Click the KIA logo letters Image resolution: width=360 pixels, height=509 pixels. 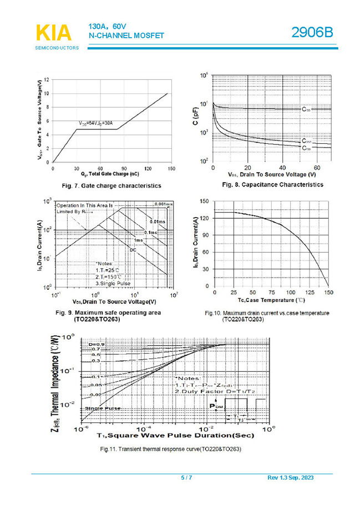coord(54,33)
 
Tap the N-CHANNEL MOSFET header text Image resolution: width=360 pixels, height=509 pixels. coord(126,36)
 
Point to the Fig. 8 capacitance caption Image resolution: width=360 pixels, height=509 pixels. coord(272,184)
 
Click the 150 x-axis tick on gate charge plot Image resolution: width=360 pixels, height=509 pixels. coord(171,168)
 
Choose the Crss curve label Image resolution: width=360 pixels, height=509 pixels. coord(307,148)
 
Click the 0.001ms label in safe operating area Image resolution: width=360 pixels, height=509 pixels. coord(164,205)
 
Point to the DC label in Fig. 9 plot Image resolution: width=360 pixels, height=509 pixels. coord(133,250)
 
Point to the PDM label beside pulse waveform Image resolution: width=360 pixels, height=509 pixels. coord(217,406)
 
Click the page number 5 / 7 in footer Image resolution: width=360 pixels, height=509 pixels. coord(186,478)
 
